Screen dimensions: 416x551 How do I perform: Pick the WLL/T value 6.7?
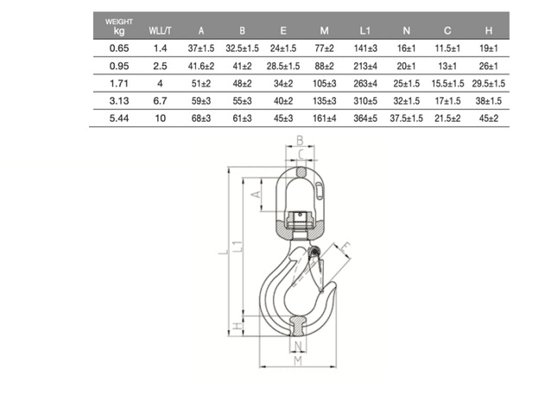click(x=159, y=100)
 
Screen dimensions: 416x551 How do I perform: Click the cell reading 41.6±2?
click(x=201, y=65)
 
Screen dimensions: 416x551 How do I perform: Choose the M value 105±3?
click(x=325, y=83)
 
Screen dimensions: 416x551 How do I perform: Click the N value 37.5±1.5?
click(x=406, y=118)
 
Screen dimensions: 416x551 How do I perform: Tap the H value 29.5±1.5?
click(x=489, y=83)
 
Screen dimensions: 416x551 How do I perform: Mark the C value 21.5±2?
click(x=447, y=118)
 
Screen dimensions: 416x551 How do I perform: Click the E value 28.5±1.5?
click(x=282, y=65)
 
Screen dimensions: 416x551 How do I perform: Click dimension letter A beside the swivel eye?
click(x=256, y=196)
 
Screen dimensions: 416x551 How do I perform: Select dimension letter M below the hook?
click(x=296, y=361)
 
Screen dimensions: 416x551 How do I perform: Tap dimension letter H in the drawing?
click(x=237, y=326)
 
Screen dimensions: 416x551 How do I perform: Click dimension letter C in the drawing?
click(x=299, y=156)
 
